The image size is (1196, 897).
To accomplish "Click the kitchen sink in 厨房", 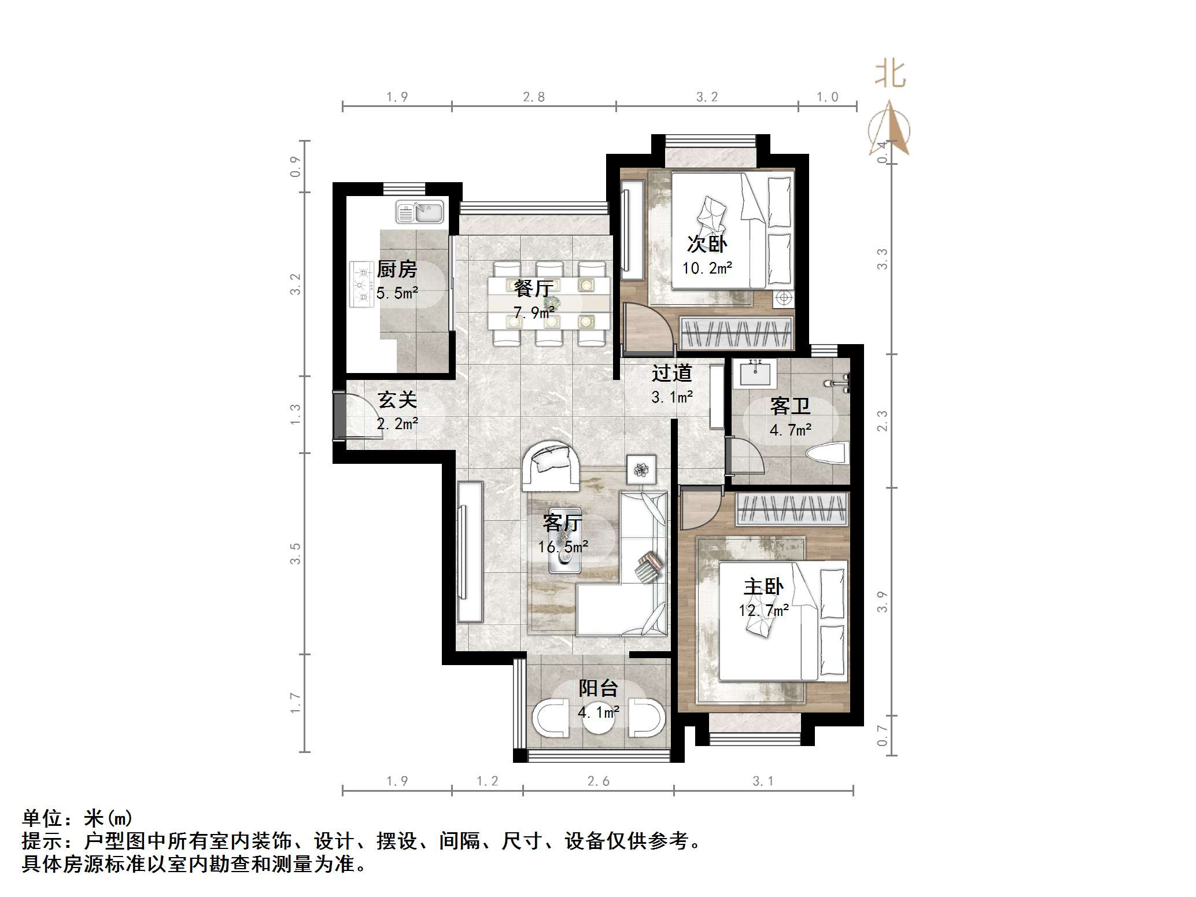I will (420, 212).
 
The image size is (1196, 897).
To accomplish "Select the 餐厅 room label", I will (533, 287).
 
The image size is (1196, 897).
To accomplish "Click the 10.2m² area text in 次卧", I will (707, 268).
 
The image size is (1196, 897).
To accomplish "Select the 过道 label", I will (671, 373).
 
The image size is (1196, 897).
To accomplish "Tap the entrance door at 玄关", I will (339, 416).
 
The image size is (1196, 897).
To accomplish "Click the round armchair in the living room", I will (551, 466).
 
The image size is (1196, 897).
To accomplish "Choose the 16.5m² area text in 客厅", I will (563, 547).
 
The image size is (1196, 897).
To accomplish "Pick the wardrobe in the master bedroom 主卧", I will (792, 509).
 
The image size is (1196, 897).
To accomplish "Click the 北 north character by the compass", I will (889, 75).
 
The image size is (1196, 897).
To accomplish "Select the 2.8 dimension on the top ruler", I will (533, 97).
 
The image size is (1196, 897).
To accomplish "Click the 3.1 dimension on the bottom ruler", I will (762, 781).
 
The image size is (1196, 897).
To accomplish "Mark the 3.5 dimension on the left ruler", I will (296, 553).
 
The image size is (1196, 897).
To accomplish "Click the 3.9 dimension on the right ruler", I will (882, 601).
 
